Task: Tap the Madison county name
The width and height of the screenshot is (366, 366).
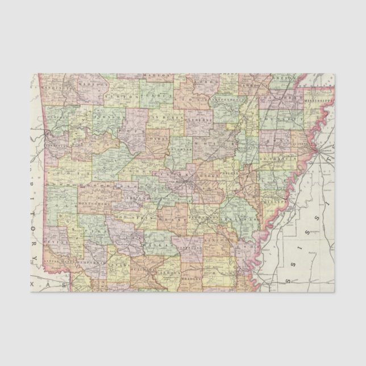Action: (93, 84)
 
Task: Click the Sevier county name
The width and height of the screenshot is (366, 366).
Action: (50, 241)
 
